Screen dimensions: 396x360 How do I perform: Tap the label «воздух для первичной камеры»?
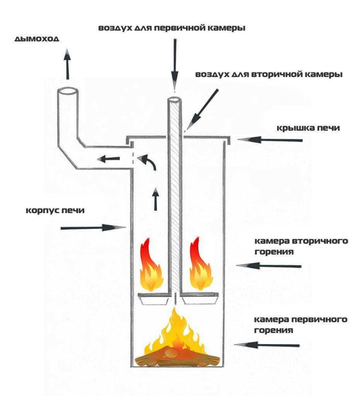172,28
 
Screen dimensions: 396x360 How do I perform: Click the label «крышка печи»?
308,128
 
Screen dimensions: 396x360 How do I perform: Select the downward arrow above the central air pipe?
175,64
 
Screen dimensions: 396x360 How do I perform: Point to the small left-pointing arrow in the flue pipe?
108,158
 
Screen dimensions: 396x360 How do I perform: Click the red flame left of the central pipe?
151,267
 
